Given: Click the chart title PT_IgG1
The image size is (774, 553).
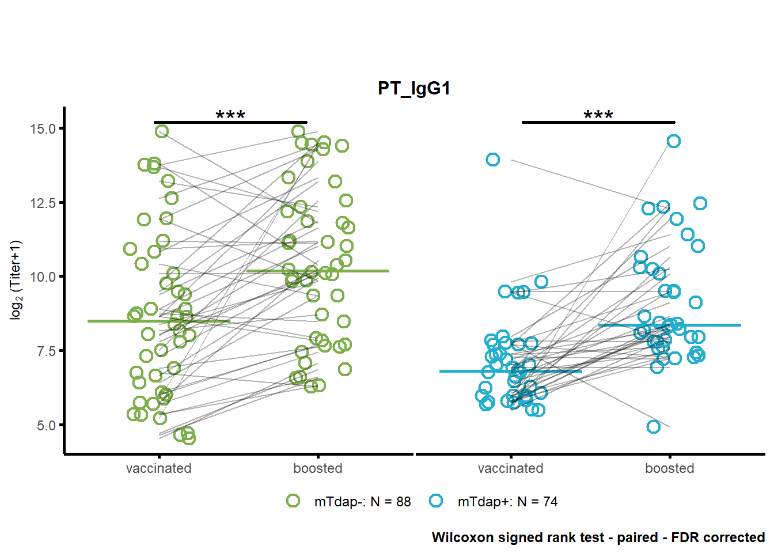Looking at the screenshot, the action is point(414,89).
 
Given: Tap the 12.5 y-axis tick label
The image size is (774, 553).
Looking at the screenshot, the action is point(43,203).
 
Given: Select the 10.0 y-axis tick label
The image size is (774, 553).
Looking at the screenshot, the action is point(43,277).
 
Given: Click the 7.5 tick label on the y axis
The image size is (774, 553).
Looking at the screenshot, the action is point(46,351).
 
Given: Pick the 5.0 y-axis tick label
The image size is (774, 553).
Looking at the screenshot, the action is point(46,426).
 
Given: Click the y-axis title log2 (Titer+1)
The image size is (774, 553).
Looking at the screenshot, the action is point(16,280).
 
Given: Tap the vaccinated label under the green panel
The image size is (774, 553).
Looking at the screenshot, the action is point(158,468).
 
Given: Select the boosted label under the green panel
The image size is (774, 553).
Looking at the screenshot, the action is point(317,468).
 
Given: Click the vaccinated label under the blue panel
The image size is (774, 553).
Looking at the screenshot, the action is point(511,468).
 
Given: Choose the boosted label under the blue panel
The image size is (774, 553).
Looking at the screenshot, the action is point(670,468).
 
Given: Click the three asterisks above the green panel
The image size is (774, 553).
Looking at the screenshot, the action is point(230,115).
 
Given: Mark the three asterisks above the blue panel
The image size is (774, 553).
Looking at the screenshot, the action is point(598,115).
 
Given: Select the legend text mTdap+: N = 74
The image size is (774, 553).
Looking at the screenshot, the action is point(507,502).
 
